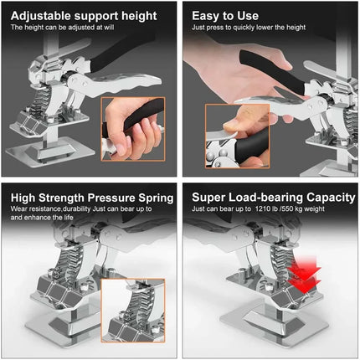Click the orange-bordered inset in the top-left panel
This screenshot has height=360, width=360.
[x=133, y=129]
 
